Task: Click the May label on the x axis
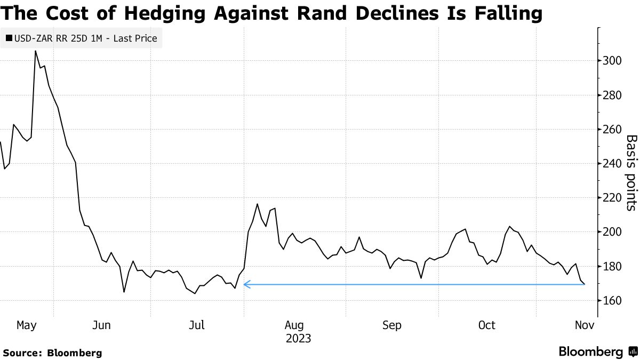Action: [26, 325]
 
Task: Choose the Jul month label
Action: [197, 325]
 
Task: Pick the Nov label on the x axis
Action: [583, 325]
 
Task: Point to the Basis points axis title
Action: [631, 172]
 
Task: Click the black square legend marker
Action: [9, 38]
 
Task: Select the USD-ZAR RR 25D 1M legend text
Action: [85, 38]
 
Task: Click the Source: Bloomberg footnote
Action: [52, 353]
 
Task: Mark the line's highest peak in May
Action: [36, 51]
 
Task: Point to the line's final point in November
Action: [585, 284]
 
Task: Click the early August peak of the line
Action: [258, 204]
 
